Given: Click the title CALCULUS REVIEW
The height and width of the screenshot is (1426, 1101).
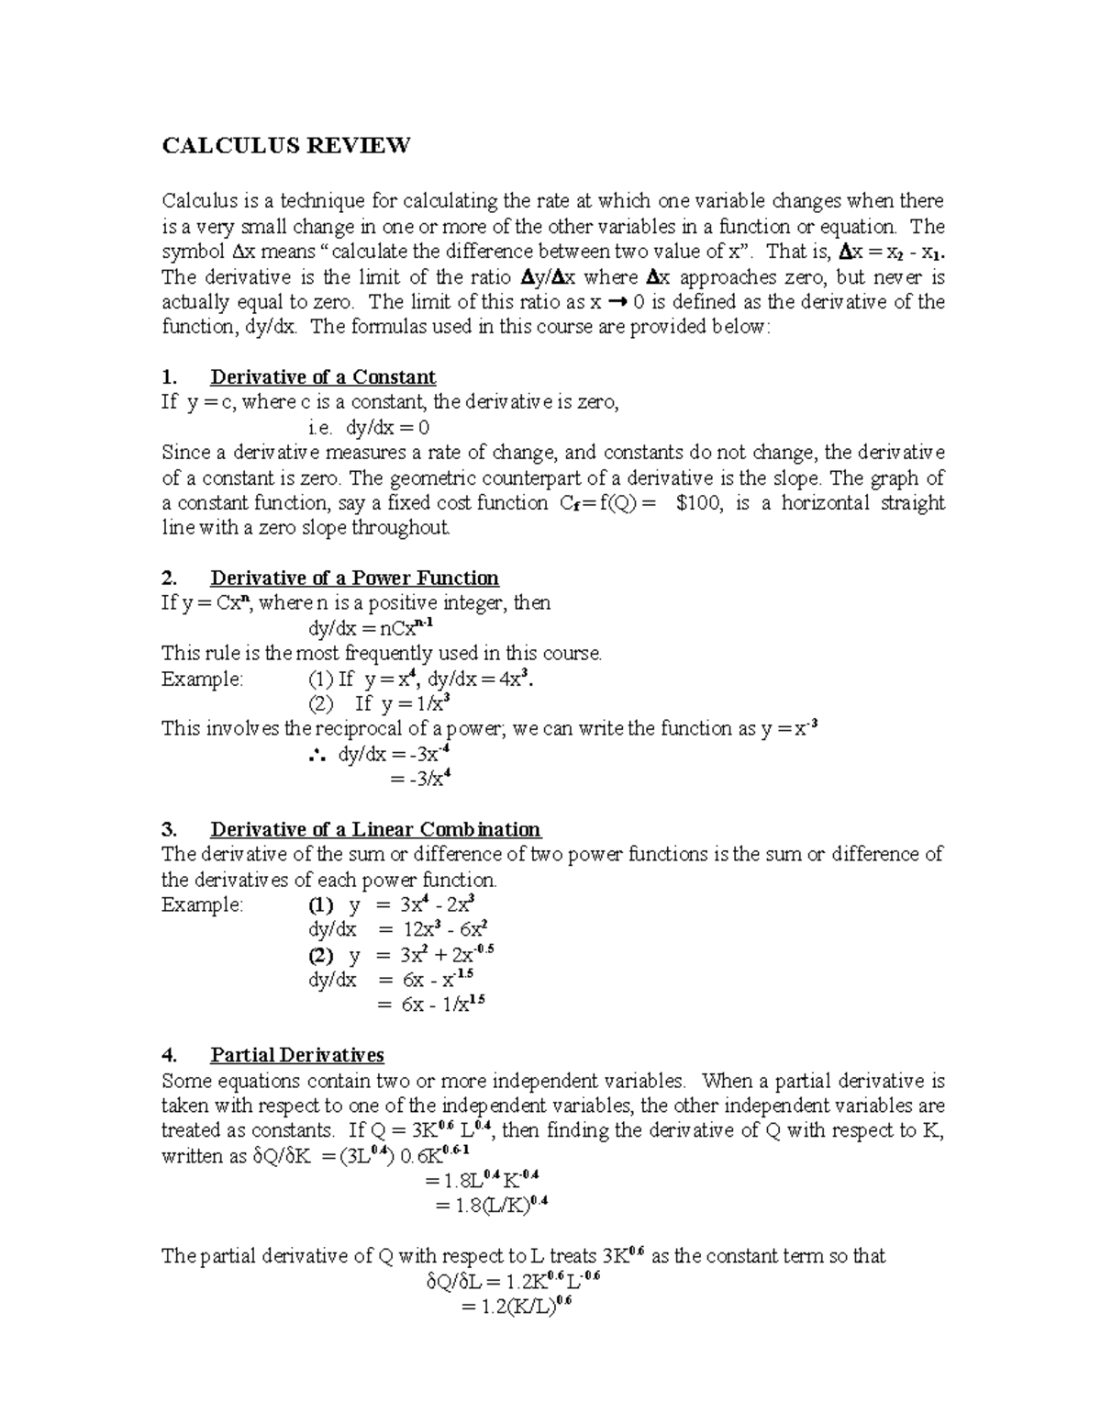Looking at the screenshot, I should tap(285, 146).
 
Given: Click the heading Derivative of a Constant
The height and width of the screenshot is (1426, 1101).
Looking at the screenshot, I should tap(322, 377).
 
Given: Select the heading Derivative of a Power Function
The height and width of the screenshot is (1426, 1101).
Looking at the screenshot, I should tap(354, 578).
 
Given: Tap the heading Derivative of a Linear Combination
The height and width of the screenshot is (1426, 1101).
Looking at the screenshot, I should tap(375, 830).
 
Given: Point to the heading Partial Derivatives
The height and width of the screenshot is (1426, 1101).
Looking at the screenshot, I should tap(296, 1056).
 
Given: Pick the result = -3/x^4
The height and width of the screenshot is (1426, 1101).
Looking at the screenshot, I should tap(419, 780).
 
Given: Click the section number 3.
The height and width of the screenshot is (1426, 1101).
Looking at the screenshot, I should tap(168, 830).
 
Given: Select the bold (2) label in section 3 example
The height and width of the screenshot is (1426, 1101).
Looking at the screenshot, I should tap(320, 955).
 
